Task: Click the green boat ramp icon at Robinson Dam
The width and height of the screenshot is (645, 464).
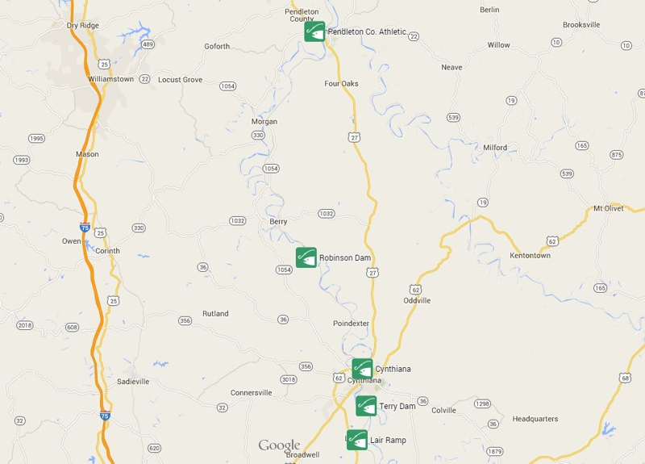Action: coord(306,257)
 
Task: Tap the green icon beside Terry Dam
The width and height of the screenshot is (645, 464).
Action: coord(366,406)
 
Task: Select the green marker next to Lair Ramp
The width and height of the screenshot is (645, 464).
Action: coord(357,440)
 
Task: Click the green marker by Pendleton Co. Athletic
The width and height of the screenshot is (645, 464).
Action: coord(314,31)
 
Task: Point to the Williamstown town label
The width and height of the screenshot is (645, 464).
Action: coord(111,79)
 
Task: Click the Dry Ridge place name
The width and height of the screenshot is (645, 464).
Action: coord(84,25)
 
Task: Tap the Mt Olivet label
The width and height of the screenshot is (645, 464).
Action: coord(609,208)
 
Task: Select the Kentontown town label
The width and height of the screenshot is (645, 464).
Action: coord(530,256)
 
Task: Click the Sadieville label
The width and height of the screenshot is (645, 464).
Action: coord(133,381)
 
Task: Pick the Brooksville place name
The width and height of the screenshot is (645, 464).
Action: coord(581,25)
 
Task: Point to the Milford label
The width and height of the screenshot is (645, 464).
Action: coord(495,148)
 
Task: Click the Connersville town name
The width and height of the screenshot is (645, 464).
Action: coord(252,393)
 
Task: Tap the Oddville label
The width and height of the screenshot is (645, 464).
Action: coord(417,300)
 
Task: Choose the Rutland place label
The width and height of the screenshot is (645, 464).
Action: coord(215,313)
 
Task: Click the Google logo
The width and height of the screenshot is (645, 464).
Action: coord(279,445)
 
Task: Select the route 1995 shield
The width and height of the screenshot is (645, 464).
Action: coord(36,139)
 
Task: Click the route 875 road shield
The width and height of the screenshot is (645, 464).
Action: coord(617,154)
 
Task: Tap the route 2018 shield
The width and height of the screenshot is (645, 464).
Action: coord(24,325)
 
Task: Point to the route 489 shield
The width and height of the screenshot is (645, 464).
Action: coord(148,44)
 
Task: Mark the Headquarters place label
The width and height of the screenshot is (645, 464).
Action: coord(535,419)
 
